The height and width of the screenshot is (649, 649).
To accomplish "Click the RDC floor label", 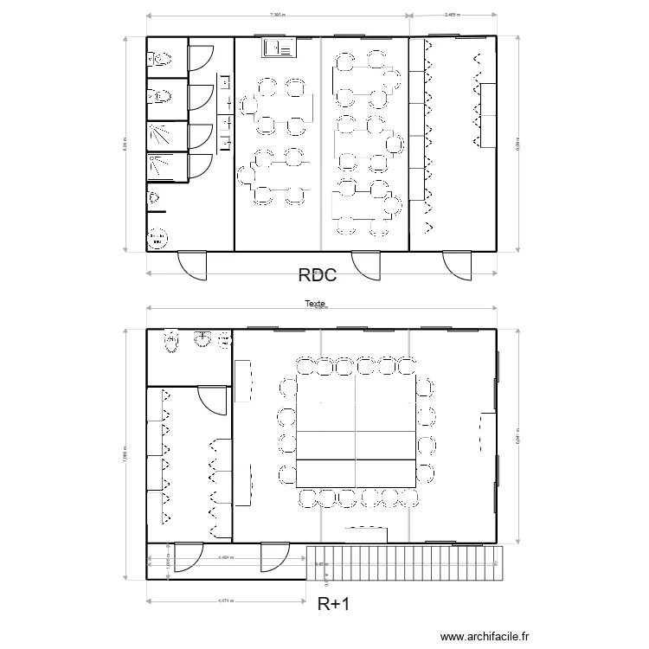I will pos(316,276).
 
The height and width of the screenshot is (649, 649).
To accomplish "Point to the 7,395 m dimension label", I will pos(277,15).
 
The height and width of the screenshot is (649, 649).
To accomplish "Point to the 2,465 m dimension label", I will pos(452,15).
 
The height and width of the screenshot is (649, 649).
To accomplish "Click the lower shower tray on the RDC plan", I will pos(161,166).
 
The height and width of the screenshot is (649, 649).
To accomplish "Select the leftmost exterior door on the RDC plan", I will pos(193,264).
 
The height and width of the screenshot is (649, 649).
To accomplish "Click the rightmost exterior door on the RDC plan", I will pos(457,264).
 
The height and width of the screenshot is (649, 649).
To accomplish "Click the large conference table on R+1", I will pos(355,433).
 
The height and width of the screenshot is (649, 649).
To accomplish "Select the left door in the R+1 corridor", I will pos(188,557).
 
